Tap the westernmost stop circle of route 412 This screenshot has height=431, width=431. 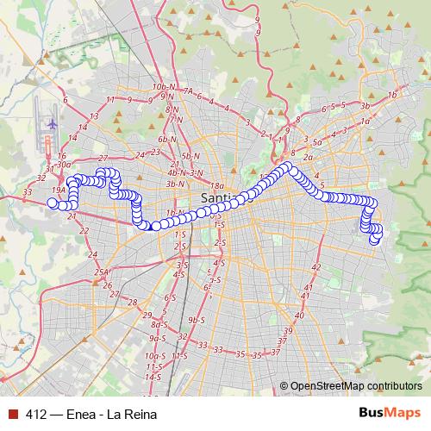pos(52,203)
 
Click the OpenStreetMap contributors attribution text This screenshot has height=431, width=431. pos(355,385)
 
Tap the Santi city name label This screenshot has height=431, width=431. pos(215,199)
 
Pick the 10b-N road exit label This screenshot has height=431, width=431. pos(162,87)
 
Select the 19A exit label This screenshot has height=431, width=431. pos(58,190)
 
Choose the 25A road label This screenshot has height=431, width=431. pos(102,272)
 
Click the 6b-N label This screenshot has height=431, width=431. pos(167,139)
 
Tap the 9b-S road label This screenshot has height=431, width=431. pos(197,320)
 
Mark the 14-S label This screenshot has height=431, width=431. pos(153,377)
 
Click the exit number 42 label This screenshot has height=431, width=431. pos(315,267)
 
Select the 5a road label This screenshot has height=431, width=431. pos(316,142)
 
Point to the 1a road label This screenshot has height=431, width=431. pos(365,122)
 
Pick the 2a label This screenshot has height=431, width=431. pos(307,158)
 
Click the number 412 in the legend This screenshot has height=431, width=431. pos(36,412)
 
